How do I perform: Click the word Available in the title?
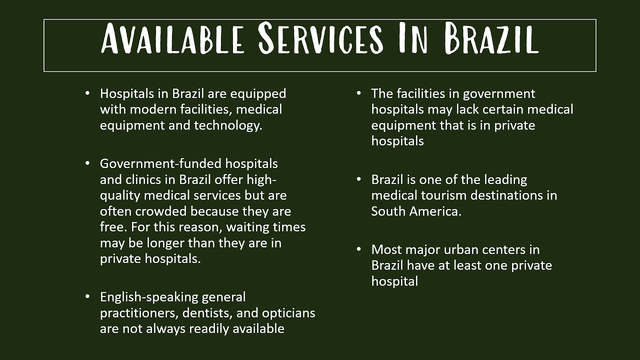[172, 39]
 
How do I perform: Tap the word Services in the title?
[320, 39]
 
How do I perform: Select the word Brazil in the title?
[492, 39]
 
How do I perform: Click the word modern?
[152, 109]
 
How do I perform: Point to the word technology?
[227, 125]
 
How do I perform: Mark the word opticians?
[288, 313]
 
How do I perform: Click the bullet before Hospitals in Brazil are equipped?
[88, 93]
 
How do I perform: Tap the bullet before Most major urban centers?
[359, 249]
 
